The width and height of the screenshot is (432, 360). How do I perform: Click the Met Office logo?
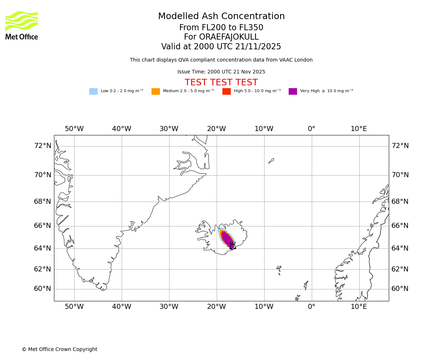[22, 25]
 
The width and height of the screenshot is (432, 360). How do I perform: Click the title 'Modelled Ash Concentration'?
[221, 17]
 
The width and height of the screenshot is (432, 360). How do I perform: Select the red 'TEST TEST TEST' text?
[221, 83]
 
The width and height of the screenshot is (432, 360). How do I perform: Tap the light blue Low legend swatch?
[93, 91]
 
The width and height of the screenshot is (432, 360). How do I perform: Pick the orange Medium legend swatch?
[156, 91]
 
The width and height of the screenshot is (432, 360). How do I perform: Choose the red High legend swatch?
[226, 91]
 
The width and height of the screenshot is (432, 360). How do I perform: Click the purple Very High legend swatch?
[293, 91]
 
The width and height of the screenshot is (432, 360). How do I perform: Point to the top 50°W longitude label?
[74, 129]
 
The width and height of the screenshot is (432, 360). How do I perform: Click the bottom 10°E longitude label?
[359, 307]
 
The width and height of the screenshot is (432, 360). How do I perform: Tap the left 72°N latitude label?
[42, 146]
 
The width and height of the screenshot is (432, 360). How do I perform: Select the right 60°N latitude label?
[400, 289]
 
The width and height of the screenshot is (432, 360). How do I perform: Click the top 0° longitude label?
[311, 129]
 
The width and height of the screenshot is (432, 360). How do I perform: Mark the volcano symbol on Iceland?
[233, 246]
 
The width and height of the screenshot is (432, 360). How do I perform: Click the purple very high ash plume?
[227, 238]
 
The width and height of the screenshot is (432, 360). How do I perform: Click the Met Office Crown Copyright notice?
[59, 350]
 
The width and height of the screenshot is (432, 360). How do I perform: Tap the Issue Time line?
[221, 72]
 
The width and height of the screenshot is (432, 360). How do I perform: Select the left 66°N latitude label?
[42, 226]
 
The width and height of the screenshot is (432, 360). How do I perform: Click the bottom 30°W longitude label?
[169, 307]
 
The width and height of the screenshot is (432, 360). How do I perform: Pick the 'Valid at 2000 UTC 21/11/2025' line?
[221, 47]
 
